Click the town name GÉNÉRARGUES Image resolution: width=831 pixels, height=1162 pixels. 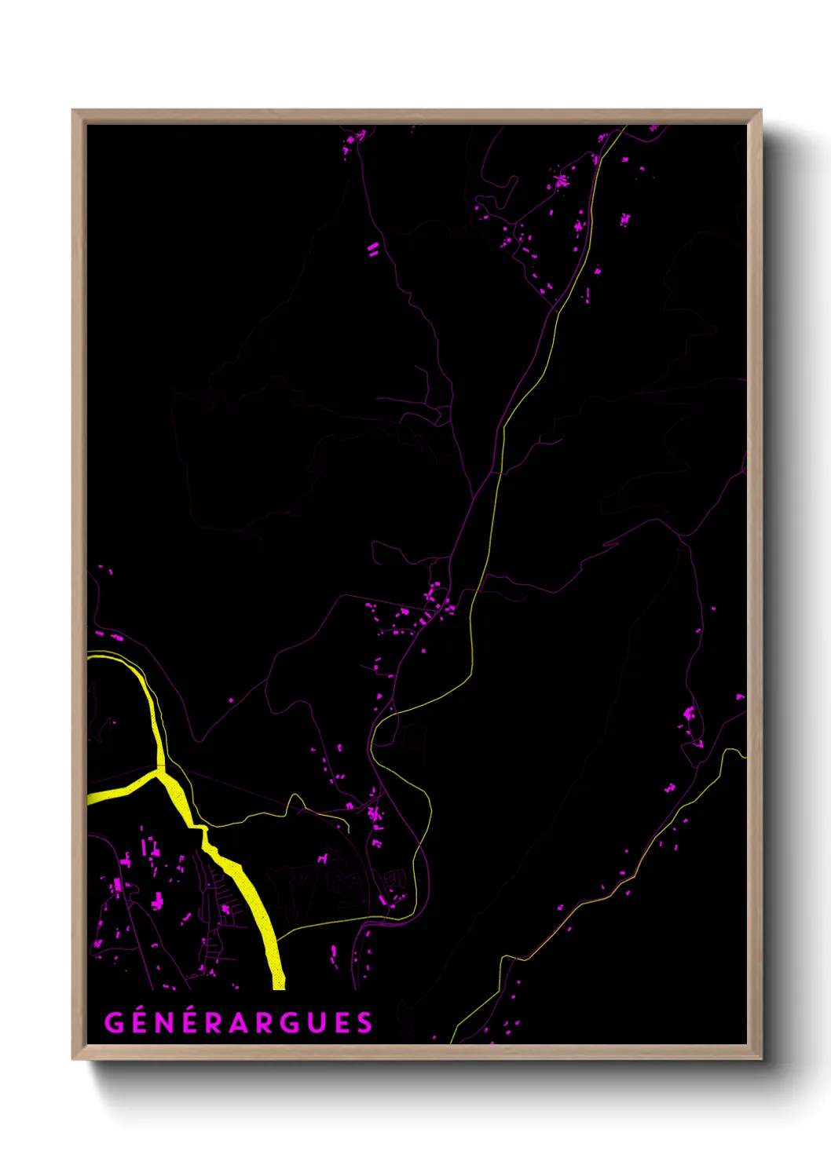click(x=239, y=1022)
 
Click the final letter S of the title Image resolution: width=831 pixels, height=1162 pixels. click(x=364, y=1023)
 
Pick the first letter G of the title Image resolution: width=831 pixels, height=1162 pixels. click(x=114, y=1023)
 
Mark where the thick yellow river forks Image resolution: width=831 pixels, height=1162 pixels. click(x=160, y=774)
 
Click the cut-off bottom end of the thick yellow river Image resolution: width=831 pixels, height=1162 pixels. click(x=278, y=983)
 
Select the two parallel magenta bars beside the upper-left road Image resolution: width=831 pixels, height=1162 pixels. click(x=373, y=250)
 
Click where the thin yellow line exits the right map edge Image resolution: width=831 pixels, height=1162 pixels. click(x=743, y=756)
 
